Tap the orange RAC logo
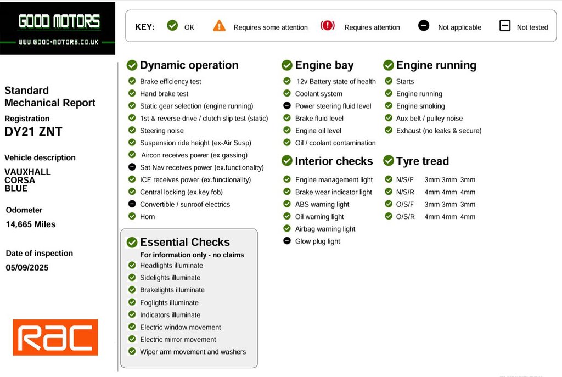(x=55, y=337)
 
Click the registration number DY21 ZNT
(x=33, y=132)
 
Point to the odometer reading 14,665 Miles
(x=31, y=224)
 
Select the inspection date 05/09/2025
(x=27, y=268)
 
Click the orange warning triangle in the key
(x=219, y=26)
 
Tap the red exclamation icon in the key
(x=328, y=26)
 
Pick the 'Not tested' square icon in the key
(x=505, y=26)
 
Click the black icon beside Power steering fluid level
(x=287, y=106)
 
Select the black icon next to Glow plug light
(x=287, y=241)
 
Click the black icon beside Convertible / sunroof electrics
(x=132, y=204)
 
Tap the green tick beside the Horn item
(x=132, y=216)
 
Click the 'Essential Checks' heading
(x=185, y=242)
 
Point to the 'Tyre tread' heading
(x=422, y=161)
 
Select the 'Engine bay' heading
(x=324, y=65)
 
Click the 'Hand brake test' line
(x=164, y=94)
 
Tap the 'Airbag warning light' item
(x=325, y=229)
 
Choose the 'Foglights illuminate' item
(x=169, y=302)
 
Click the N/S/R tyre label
(x=404, y=192)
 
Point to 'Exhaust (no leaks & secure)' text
(x=439, y=131)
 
